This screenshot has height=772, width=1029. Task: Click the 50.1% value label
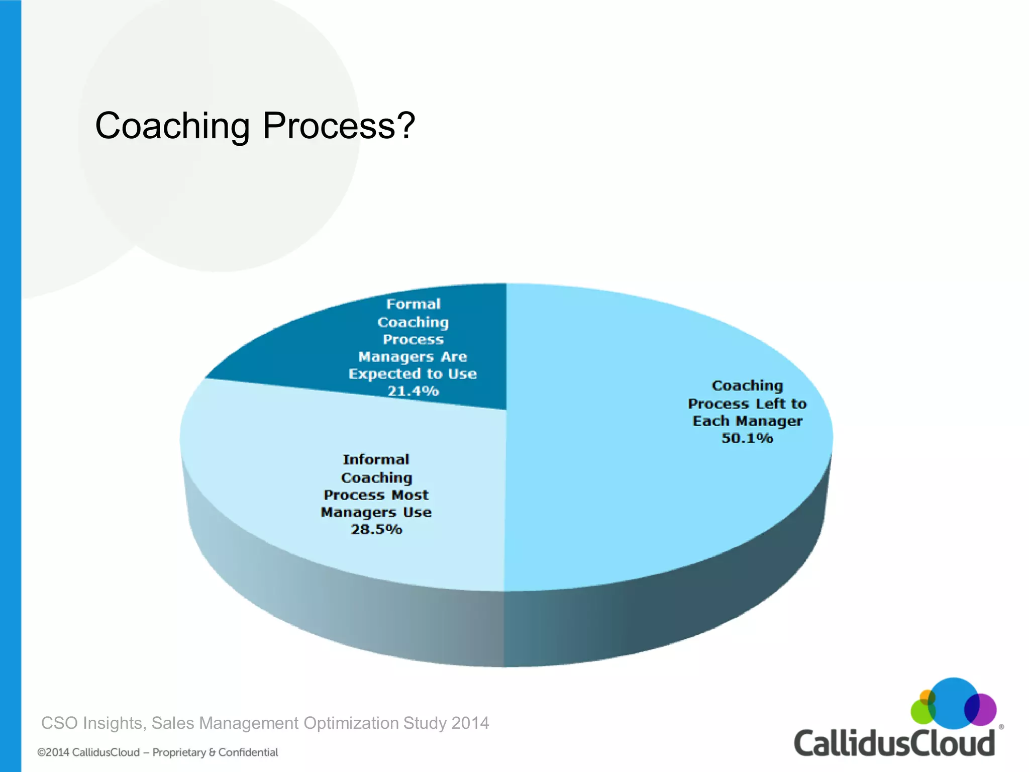click(747, 438)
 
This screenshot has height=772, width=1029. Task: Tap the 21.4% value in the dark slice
click(413, 391)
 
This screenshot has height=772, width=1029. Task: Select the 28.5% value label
click(376, 529)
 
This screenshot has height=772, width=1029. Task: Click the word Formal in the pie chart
click(413, 304)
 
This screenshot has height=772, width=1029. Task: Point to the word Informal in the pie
click(376, 459)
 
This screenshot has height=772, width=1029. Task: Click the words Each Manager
click(747, 421)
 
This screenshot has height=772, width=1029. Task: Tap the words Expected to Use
click(413, 374)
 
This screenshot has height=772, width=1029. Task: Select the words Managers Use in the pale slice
click(376, 512)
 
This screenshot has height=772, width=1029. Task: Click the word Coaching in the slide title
click(172, 126)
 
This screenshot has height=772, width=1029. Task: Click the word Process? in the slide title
click(338, 126)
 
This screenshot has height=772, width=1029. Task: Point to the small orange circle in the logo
click(926, 697)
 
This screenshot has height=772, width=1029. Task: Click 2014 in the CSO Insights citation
click(470, 723)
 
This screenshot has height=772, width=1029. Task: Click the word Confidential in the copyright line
click(248, 752)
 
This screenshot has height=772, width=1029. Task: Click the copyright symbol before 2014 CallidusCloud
click(41, 753)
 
